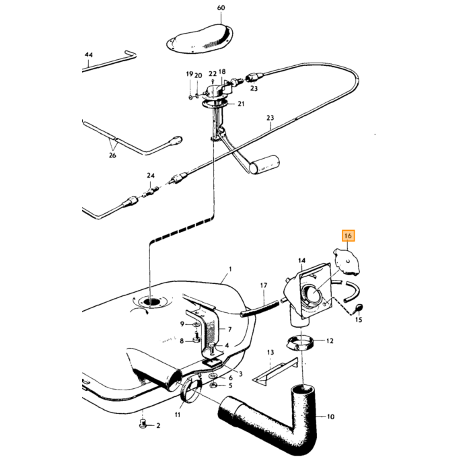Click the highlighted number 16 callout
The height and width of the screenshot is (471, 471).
(348, 235)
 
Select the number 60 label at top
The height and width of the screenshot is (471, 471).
(221, 8)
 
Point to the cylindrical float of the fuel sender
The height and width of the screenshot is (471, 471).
(266, 165)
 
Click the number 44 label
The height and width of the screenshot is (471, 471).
(89, 55)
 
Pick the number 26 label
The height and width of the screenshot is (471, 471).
(112, 155)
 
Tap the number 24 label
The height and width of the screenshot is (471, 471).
(151, 176)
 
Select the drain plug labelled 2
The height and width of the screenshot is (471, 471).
(143, 425)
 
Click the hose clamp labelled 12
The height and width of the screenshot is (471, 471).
(300, 342)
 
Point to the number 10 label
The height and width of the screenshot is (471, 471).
(330, 416)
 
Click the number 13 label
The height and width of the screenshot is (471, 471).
(270, 352)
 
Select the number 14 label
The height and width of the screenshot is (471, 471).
(301, 261)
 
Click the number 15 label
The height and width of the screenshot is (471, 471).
(359, 320)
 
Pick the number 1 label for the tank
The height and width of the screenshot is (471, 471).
(230, 269)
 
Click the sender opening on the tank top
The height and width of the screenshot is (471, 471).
(151, 301)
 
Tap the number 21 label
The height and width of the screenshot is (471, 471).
(241, 104)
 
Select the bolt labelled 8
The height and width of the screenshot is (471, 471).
(196, 338)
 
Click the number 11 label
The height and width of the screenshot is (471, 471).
(178, 414)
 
